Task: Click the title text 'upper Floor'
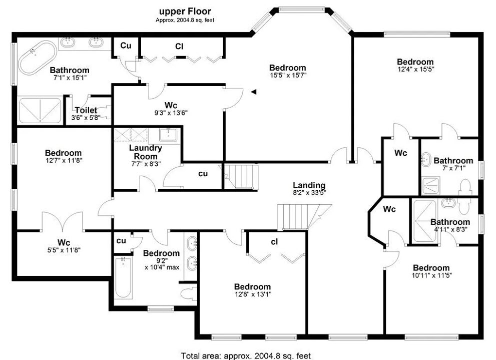[185, 12]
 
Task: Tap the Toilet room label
[86, 110]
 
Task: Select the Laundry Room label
[146, 152]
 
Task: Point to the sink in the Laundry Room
[170, 135]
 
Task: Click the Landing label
[309, 185]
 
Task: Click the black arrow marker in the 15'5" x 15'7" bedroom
[254, 92]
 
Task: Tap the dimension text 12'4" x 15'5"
[415, 69]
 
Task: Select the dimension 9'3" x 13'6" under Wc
[171, 113]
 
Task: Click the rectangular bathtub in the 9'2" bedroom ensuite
[123, 278]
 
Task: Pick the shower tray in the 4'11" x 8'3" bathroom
[425, 221]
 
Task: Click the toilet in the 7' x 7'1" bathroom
[465, 187]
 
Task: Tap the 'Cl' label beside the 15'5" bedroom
[179, 47]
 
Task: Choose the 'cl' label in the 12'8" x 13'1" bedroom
[274, 242]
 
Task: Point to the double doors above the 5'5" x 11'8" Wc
[63, 221]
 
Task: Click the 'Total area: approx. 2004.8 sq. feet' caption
[246, 356]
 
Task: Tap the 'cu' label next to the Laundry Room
[203, 174]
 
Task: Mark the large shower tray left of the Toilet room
[40, 111]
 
